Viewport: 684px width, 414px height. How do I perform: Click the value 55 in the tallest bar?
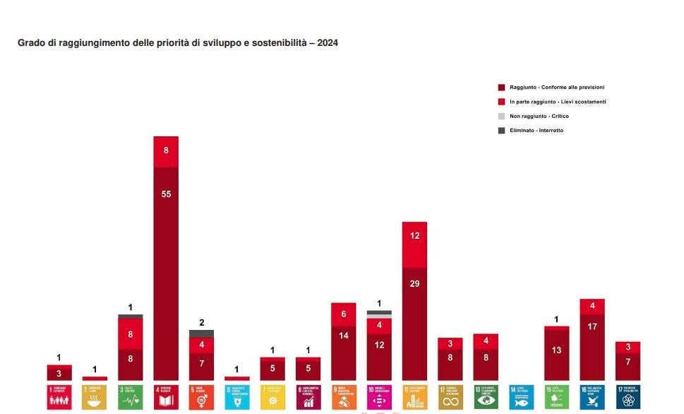166,194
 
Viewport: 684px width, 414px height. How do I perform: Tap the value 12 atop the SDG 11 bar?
414,235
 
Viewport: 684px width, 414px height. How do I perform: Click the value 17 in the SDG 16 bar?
592,326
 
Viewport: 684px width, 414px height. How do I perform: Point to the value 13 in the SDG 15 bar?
557,350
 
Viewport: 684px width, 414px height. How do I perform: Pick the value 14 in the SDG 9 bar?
344,336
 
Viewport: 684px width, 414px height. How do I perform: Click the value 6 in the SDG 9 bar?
344,314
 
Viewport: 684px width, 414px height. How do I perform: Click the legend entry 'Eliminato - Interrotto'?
536,130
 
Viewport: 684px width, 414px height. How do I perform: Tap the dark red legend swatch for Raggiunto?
501,88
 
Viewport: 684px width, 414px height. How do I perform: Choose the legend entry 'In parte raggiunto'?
557,102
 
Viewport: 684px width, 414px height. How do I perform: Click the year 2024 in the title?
328,43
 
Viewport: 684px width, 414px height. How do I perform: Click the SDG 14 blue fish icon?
521,396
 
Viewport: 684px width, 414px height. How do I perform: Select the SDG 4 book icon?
166,396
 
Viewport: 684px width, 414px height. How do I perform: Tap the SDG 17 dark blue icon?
628,396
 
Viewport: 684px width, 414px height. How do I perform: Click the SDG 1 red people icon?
59,396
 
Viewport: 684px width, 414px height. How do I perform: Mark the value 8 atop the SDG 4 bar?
166,150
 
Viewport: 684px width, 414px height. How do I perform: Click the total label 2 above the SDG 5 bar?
202,323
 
